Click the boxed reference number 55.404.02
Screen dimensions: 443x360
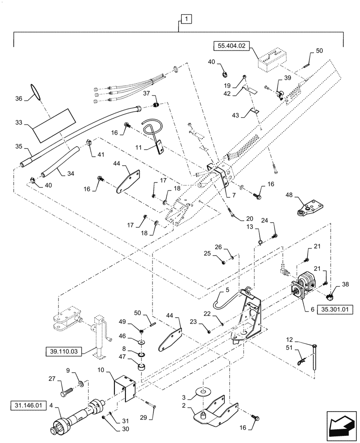(x=232, y=45)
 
